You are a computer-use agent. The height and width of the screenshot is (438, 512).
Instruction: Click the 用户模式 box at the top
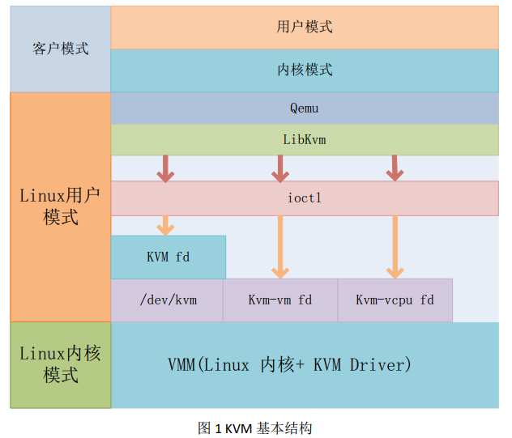[305, 27]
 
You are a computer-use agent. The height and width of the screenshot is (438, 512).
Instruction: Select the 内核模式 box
[305, 70]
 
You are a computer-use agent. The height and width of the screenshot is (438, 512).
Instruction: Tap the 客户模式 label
[61, 49]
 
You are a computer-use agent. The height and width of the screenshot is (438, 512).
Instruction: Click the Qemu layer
[305, 108]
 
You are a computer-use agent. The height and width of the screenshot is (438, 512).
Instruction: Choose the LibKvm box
[305, 139]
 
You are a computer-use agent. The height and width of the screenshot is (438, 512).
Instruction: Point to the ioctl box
[305, 198]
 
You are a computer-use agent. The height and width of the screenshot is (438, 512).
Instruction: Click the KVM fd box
[169, 257]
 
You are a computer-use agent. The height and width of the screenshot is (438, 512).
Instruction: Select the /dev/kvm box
[168, 300]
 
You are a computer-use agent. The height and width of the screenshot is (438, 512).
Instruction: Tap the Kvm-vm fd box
[280, 300]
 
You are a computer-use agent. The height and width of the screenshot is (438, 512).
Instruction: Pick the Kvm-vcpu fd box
[395, 300]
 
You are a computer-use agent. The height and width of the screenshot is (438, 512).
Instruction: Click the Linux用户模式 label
[61, 206]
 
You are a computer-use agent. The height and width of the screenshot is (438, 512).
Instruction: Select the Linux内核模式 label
[61, 364]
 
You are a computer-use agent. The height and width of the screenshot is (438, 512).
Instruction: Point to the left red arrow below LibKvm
[166, 168]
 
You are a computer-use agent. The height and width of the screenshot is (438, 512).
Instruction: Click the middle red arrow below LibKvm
[280, 168]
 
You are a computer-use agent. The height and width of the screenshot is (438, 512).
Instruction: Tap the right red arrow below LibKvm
[395, 168]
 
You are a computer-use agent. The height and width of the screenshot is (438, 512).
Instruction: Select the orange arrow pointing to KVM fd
[166, 224]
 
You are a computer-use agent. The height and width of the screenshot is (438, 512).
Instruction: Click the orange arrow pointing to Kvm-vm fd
[280, 246]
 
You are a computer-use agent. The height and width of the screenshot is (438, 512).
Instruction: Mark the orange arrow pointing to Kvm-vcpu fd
[395, 246]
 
